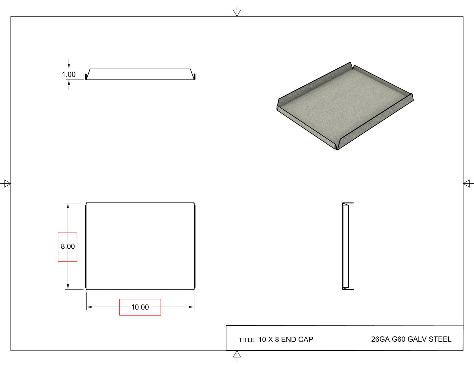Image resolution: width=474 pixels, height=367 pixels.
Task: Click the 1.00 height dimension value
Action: pos(69,75)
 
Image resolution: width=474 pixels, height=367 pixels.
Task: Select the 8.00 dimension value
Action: pos(68,246)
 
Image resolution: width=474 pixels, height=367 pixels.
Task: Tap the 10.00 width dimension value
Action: pos(140,307)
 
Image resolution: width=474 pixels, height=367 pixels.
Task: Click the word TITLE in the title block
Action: pos(247,340)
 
